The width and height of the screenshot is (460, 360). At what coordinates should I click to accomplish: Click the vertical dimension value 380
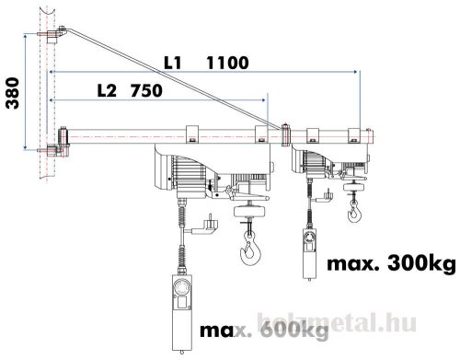(11, 92)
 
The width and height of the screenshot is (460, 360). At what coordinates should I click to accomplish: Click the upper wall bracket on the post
(52, 37)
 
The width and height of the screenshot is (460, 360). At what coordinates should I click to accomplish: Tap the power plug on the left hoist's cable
(213, 224)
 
